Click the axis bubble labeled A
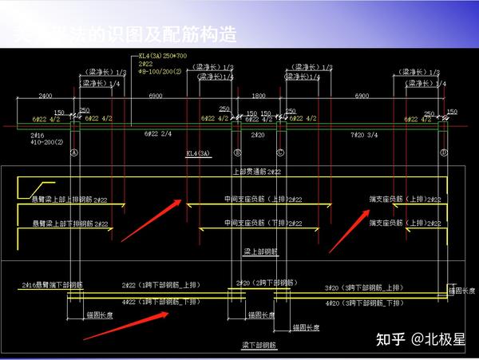74,152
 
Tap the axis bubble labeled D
442,152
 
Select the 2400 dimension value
46,96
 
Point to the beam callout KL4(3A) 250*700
164,56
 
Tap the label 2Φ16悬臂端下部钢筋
53,284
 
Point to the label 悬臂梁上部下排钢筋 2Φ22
69,225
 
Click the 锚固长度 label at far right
462,291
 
